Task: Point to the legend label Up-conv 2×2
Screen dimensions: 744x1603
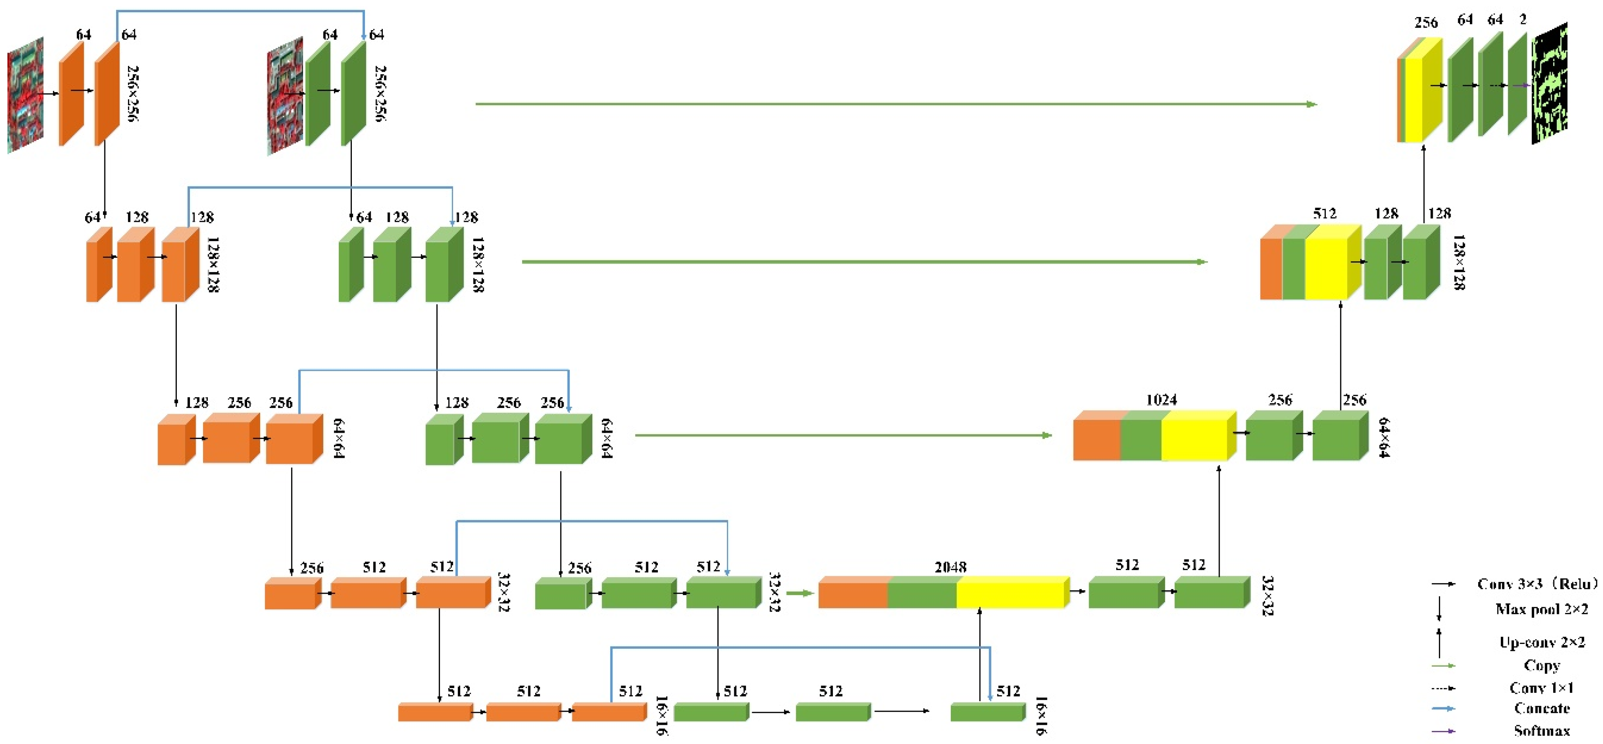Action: point(1541,642)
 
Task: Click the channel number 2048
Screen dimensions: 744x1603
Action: point(950,567)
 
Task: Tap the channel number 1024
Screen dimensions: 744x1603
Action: point(1161,400)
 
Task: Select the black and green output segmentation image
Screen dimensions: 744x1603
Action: point(1549,84)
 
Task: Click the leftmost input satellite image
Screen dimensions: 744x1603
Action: point(25,95)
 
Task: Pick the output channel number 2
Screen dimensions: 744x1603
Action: point(1523,20)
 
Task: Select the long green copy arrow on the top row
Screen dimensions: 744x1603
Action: point(896,104)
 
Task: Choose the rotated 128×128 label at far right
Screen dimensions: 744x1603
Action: point(1458,262)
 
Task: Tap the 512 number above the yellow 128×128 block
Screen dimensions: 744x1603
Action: point(1324,214)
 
